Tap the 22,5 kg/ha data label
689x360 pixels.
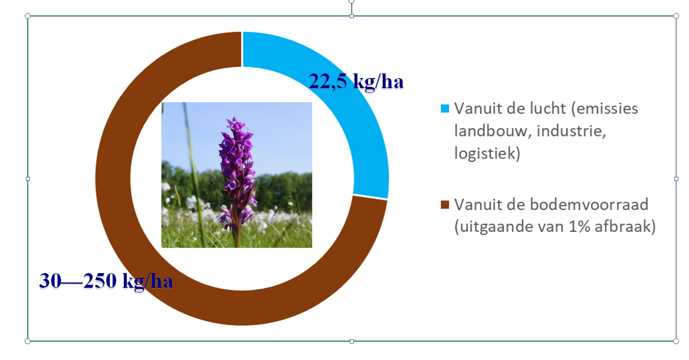click(x=356, y=81)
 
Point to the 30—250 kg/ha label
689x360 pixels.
click(x=106, y=281)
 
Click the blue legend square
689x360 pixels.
click(x=445, y=109)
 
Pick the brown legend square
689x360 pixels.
click(x=445, y=204)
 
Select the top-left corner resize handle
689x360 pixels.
click(x=28, y=16)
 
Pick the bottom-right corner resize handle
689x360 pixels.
click(x=676, y=341)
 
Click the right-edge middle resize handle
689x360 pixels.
click(x=676, y=179)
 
